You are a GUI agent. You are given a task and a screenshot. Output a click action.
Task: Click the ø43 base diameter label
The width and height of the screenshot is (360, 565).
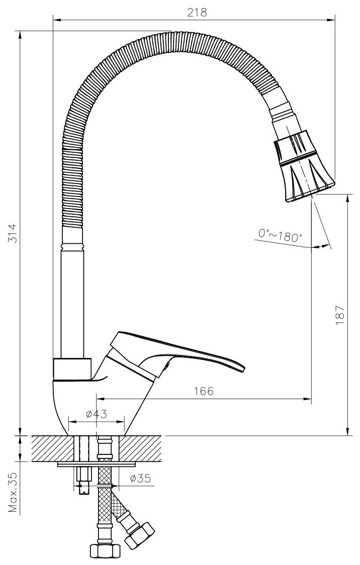pos(96,414)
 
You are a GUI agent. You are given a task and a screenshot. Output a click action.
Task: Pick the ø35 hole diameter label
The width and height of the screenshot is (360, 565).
pos(139,479)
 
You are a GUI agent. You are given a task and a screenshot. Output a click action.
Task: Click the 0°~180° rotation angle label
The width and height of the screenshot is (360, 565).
pos(280,235)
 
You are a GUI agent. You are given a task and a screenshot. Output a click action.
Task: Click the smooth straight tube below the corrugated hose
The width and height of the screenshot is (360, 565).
pos(71,302)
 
